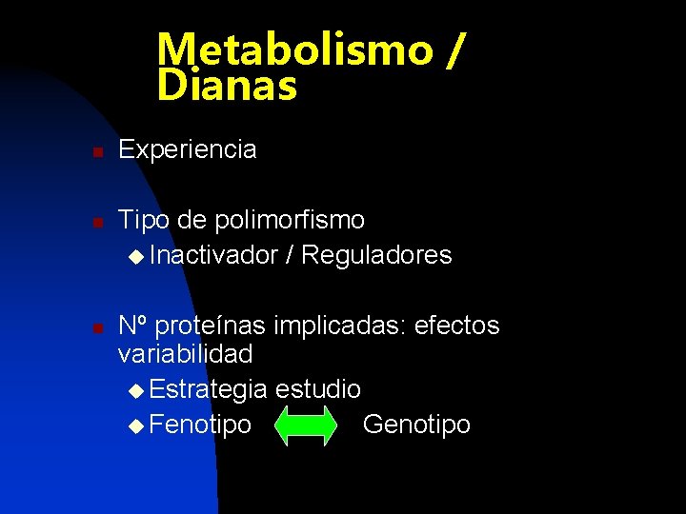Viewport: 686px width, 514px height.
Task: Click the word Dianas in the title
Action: [x=228, y=87]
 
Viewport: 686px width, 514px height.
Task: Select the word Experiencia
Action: [x=188, y=149]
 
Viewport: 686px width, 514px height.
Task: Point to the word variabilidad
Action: [x=185, y=354]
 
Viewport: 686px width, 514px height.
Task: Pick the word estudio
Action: [x=318, y=388]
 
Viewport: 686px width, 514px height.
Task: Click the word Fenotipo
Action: [x=201, y=425]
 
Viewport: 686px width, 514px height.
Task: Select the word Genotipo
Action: [x=417, y=425]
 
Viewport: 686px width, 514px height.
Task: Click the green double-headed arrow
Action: [x=306, y=425]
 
